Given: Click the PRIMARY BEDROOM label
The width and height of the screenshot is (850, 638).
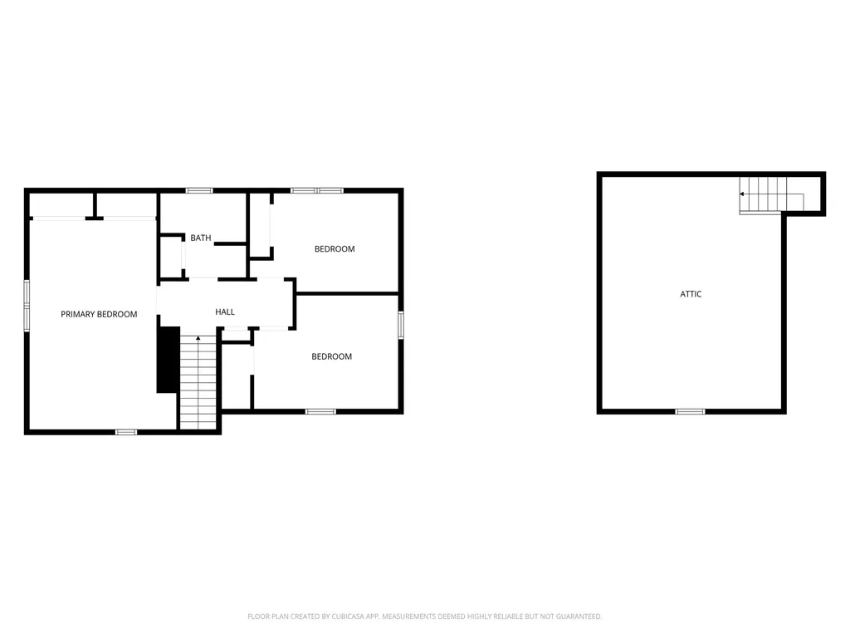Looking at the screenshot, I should click(x=99, y=314).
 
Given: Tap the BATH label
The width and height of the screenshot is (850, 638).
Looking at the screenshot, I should click(x=201, y=238).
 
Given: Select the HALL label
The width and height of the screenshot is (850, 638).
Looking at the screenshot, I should click(x=225, y=312).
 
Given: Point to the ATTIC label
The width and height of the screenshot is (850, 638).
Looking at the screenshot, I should click(x=691, y=294).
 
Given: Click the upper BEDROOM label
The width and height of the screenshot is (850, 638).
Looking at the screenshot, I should click(x=335, y=249).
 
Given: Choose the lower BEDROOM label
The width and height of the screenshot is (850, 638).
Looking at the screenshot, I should click(x=331, y=356).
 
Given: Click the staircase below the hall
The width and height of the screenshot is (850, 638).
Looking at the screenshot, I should click(x=198, y=382).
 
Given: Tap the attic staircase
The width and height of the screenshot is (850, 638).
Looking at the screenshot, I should click(x=768, y=194).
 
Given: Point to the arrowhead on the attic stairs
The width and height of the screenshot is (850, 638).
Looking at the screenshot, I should click(x=742, y=194).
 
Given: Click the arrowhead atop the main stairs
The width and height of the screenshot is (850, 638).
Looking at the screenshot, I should click(x=198, y=338).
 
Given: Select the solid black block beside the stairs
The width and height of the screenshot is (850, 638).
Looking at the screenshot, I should click(x=168, y=359).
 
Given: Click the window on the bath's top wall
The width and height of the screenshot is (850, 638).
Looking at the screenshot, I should click(x=199, y=191).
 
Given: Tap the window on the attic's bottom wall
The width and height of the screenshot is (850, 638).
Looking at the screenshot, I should click(x=690, y=411).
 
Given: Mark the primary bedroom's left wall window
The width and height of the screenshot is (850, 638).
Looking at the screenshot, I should click(x=27, y=305).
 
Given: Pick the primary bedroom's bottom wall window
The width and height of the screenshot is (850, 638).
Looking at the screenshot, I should click(x=125, y=431).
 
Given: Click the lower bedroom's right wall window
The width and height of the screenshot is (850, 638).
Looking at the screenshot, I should click(x=401, y=324).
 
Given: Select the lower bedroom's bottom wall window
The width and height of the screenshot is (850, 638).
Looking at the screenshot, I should click(x=320, y=411).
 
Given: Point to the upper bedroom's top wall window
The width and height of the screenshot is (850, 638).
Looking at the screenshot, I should click(x=316, y=191).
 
